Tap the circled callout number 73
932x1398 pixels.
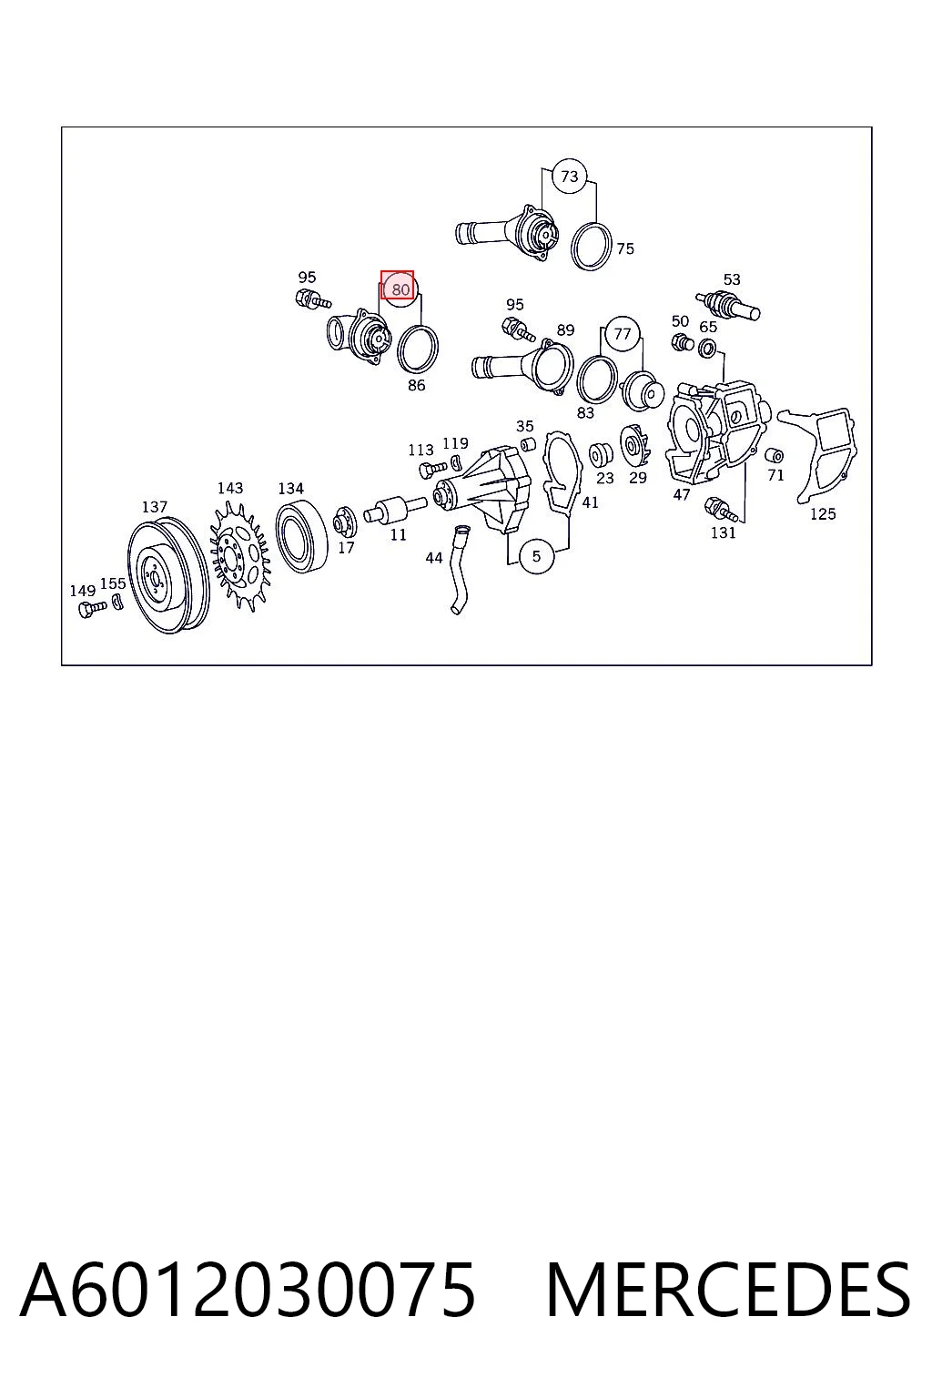569,177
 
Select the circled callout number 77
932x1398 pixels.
622,334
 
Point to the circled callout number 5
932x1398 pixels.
536,555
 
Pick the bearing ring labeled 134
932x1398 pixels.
302,535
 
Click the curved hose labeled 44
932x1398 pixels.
459,569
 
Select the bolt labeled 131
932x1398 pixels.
722,509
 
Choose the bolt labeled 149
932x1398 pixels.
93,607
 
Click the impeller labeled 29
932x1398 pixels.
635,446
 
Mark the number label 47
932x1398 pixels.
681,494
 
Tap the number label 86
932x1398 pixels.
416,386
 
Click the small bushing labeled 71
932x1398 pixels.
774,455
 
